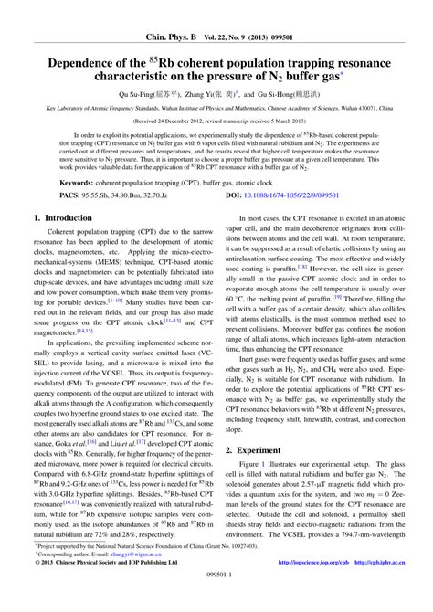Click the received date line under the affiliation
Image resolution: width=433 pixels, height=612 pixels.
pyautogui.click(x=216, y=120)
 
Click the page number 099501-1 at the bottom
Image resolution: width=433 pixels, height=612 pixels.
pyautogui.click(x=216, y=603)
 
